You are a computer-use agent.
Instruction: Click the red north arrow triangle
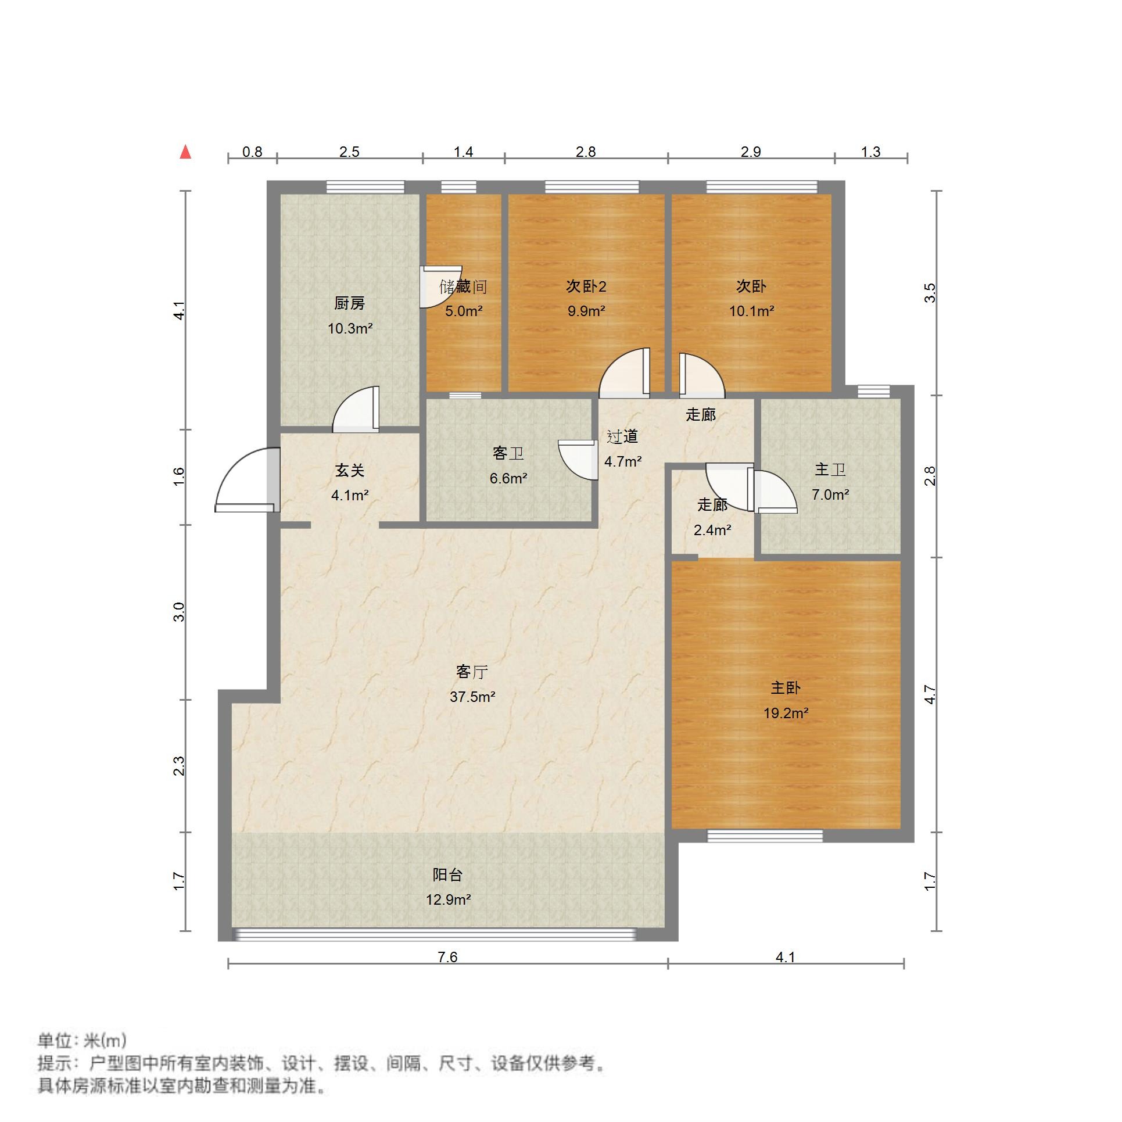coord(185,153)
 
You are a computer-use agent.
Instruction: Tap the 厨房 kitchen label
coord(349,303)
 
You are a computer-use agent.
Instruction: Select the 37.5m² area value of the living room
coord(472,697)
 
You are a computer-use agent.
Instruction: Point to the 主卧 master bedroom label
coord(786,688)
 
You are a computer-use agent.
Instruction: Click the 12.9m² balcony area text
coord(448,900)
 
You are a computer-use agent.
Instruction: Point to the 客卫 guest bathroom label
coord(508,453)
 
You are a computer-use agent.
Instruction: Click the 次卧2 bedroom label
coord(586,286)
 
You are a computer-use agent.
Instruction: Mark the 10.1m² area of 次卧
coord(751,311)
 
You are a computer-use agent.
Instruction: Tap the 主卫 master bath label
coord(830,469)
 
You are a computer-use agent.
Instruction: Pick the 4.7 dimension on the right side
coord(930,695)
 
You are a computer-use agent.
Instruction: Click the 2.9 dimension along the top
coord(751,152)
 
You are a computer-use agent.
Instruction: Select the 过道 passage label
coord(622,436)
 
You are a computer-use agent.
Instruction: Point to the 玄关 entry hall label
coord(349,471)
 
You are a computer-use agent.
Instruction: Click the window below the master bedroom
coord(765,836)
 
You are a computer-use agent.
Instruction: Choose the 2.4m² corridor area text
coord(712,530)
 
